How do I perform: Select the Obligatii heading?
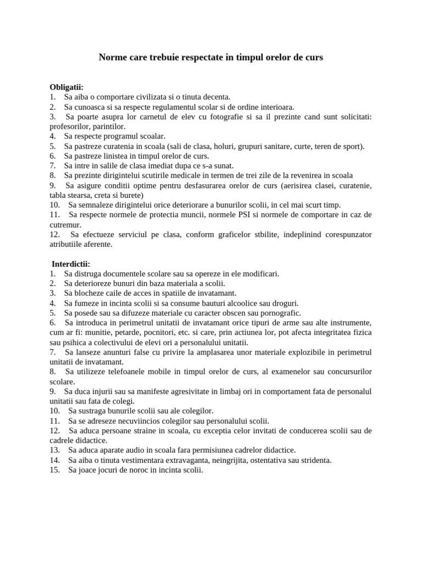pos(66,87)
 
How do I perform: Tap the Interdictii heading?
pos(71,263)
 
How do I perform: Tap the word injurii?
pos(101,391)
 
